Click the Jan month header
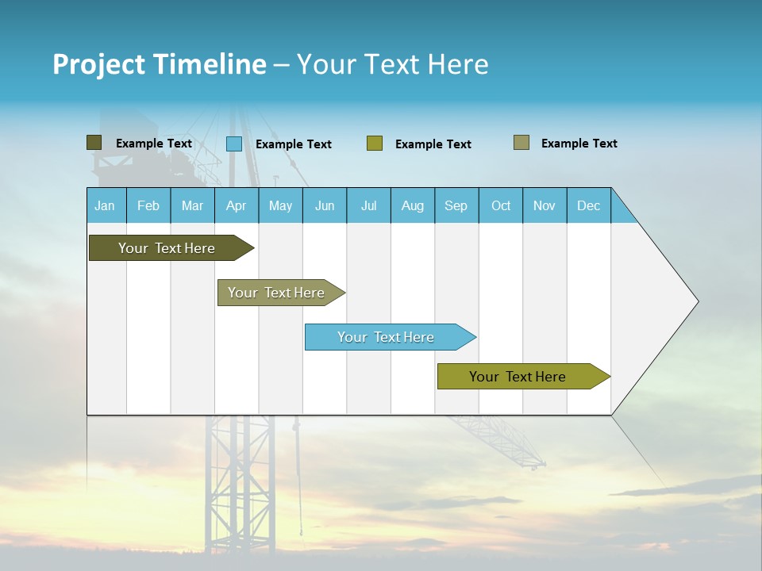[x=106, y=205]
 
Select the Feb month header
[x=148, y=205]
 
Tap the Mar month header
[x=192, y=205]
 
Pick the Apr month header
[x=237, y=205]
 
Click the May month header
[x=280, y=205]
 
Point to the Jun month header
[x=325, y=205]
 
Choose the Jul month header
[x=368, y=205]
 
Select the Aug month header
[x=413, y=205]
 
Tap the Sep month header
[x=456, y=205]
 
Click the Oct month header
[x=501, y=205]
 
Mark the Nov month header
[x=545, y=205]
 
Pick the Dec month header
[x=589, y=205]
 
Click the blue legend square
[x=234, y=144]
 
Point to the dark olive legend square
[x=94, y=143]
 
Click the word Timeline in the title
[x=210, y=64]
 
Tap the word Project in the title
[x=98, y=64]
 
